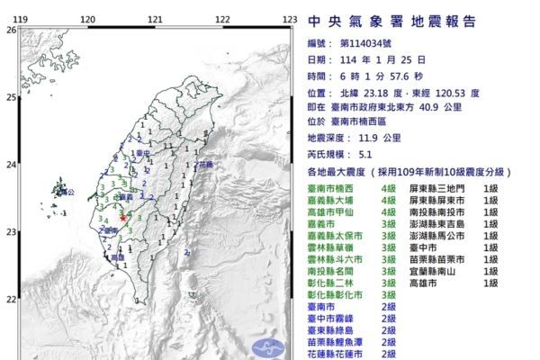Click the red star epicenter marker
[x=122, y=218]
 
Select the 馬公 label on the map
[x=60, y=191]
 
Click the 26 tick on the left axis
[x=11, y=30]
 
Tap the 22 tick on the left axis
[x=11, y=299]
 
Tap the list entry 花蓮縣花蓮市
[x=337, y=353]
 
